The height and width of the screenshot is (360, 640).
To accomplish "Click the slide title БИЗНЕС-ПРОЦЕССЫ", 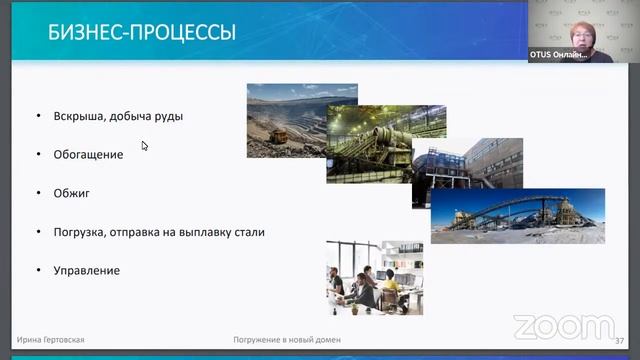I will pos(142,33).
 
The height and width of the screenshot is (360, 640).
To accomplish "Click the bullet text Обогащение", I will pos(89,155).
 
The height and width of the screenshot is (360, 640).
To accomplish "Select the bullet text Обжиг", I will pos(72,193).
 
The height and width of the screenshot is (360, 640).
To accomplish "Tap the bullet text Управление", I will pos(87,270).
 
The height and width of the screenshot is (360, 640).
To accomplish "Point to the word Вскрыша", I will pos(79,117).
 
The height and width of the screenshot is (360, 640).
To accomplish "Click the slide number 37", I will pos(619,340).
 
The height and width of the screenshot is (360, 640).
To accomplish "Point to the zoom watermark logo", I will pos(562,327).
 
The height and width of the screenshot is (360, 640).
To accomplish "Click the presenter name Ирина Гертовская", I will pos(51,340).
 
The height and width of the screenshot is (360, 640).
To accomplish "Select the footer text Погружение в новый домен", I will pos(287,340).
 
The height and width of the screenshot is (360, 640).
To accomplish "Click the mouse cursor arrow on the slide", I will pos(144,145).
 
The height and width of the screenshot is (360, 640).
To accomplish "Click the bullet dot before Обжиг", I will pos(37,193).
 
